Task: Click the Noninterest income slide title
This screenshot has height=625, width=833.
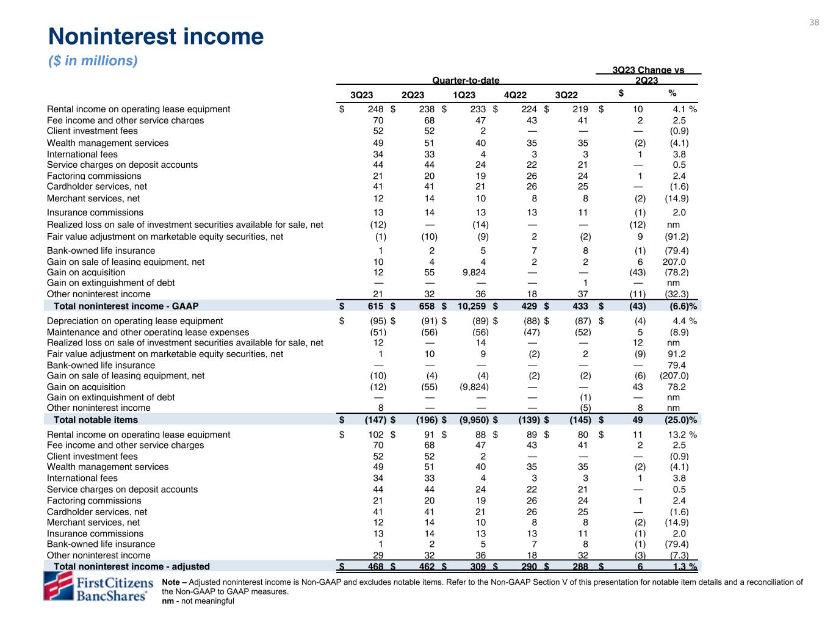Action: [156, 37]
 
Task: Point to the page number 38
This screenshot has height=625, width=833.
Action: [814, 23]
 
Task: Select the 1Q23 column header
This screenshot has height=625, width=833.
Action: [464, 95]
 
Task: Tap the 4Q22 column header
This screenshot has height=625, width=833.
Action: [515, 95]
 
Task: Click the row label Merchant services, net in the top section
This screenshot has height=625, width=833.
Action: [93, 198]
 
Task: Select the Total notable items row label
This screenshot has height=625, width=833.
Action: [96, 420]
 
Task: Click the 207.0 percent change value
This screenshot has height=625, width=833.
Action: [674, 262]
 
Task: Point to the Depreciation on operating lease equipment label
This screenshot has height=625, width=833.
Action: [135, 320]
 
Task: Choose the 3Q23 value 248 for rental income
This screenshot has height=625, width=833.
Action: [375, 109]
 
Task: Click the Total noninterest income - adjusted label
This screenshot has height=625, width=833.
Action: [132, 566]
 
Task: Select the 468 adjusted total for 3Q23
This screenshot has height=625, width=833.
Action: [375, 566]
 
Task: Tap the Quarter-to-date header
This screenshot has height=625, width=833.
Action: [466, 81]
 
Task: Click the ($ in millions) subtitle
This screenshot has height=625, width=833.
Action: [93, 61]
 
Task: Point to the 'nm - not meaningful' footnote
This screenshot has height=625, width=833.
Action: [198, 601]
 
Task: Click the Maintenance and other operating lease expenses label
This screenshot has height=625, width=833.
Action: [148, 332]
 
